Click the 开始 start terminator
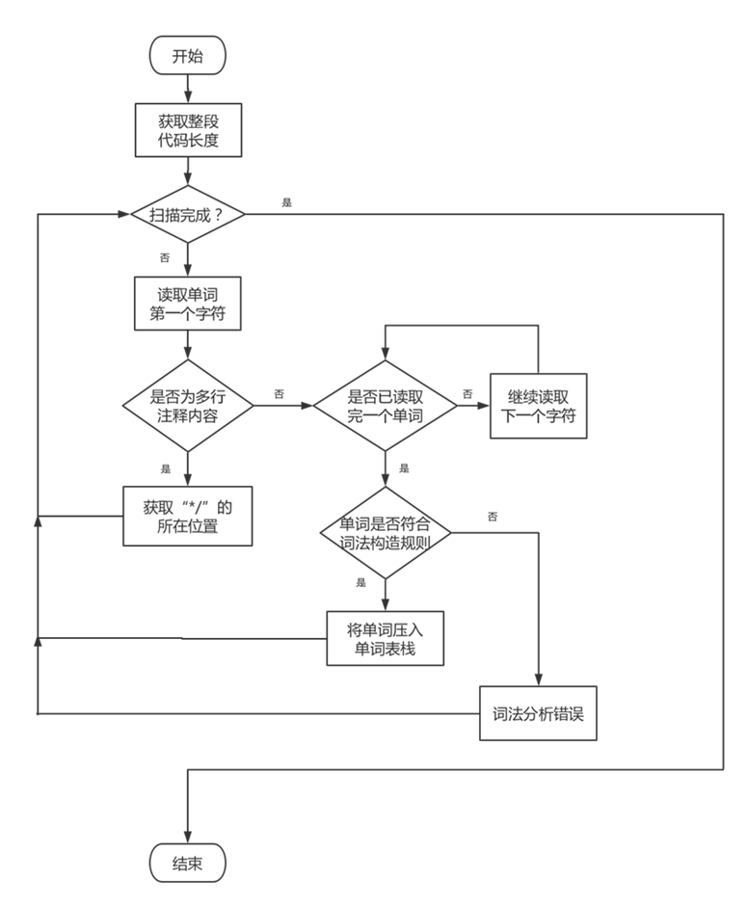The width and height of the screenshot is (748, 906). click(x=187, y=56)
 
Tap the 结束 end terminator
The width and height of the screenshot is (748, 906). click(x=187, y=863)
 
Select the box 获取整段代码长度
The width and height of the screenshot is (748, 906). click(x=187, y=131)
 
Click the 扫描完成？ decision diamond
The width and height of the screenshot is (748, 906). click(x=187, y=214)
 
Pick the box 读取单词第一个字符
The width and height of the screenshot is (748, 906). click(x=187, y=303)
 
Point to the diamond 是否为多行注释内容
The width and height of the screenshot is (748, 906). click(x=187, y=405)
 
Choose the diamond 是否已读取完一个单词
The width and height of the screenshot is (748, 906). click(x=386, y=405)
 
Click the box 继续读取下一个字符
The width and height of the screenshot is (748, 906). click(x=538, y=405)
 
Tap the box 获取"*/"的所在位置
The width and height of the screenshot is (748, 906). click(x=188, y=516)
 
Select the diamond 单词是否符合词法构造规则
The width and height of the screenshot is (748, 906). click(x=386, y=532)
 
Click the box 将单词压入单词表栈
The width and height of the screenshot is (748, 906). click(x=386, y=638)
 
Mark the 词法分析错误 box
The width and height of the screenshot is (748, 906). click(x=538, y=714)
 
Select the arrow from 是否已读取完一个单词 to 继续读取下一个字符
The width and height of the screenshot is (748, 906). click(x=472, y=405)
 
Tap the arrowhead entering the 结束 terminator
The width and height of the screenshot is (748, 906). click(x=187, y=837)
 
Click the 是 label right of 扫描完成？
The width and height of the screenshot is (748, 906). click(x=286, y=201)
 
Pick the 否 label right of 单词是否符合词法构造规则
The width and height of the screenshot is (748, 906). click(x=492, y=517)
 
